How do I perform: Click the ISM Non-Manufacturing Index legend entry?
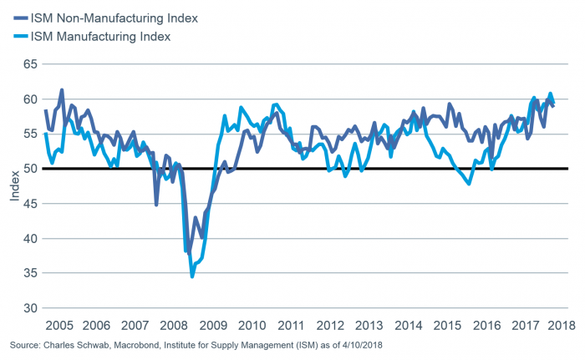113,17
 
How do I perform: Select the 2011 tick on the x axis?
291,325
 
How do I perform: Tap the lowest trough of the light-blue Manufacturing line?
192,276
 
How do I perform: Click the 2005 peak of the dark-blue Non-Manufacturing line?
62,89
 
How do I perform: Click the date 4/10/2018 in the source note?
364,344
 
